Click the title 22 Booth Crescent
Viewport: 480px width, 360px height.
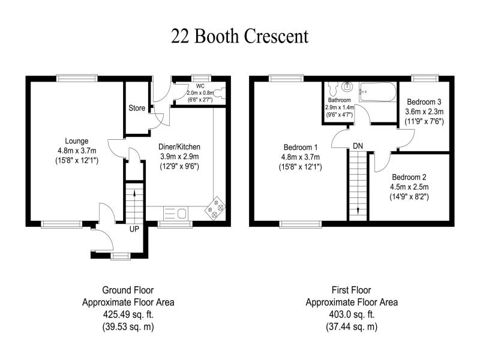tap(239, 37)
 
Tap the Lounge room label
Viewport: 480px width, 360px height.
tap(77, 141)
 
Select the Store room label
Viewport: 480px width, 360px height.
tap(137, 108)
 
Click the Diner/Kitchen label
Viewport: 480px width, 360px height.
tap(179, 146)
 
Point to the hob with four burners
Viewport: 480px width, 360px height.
tap(215, 208)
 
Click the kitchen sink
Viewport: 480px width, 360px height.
tap(175, 213)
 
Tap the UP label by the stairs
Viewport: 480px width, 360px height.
tap(134, 229)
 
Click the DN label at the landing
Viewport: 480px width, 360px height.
tap(358, 146)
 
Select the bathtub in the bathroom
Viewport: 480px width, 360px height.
tap(377, 92)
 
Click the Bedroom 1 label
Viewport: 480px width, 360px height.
tap(301, 147)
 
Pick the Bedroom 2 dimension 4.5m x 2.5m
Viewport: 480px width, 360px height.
tap(409, 187)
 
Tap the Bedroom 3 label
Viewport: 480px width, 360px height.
tap(424, 102)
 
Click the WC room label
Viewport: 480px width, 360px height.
tap(200, 86)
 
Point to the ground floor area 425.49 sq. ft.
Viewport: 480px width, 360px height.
tap(128, 314)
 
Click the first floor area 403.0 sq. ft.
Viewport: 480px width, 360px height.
tap(352, 314)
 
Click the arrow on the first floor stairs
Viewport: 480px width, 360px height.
tap(358, 211)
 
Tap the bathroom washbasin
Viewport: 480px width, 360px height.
tap(347, 86)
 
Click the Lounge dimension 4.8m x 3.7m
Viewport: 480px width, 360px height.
tap(77, 151)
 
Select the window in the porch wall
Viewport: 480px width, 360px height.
tap(121, 256)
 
